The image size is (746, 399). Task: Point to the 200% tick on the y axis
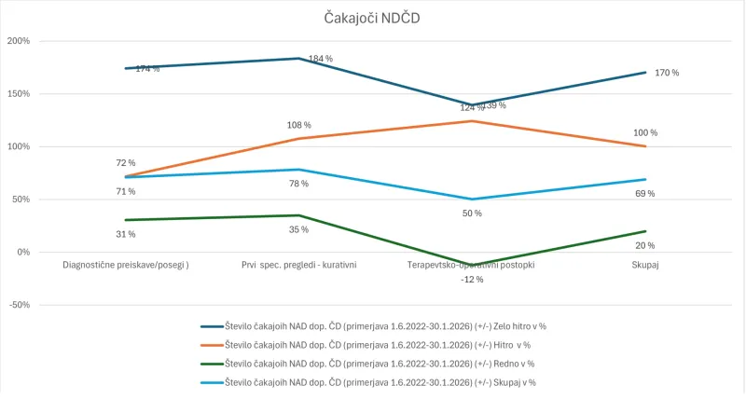click(19, 41)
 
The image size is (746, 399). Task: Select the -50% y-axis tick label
click(19, 305)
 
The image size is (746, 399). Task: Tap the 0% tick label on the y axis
click(22, 252)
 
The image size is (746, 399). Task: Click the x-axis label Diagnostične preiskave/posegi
click(126, 265)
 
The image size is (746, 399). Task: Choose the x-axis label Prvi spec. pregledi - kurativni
click(298, 265)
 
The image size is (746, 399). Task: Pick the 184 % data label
click(321, 59)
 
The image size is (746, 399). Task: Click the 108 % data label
click(298, 125)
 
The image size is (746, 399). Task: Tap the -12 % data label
click(472, 280)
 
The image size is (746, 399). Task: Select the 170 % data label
click(667, 73)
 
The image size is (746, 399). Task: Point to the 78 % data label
click(298, 184)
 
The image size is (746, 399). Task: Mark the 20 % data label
click(644, 245)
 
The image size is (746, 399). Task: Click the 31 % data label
click(126, 234)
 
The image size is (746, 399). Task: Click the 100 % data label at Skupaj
click(644, 132)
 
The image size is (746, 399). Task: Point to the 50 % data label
click(472, 213)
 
